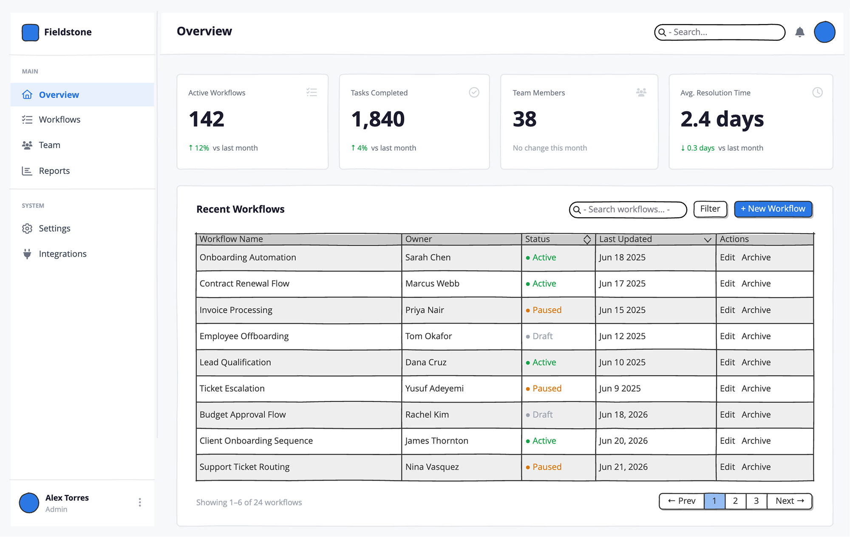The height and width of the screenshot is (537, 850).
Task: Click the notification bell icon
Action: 800,32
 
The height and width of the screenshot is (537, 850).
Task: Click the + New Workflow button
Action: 773,209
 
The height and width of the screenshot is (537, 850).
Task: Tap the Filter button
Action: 710,209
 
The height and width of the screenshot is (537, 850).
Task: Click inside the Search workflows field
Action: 628,210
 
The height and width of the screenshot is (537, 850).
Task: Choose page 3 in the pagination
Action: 756,501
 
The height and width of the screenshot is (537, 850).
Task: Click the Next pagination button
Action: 790,501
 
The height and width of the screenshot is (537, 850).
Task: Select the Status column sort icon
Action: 587,239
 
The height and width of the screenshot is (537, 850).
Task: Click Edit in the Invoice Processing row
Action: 727,310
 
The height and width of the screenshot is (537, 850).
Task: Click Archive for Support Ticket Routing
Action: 756,467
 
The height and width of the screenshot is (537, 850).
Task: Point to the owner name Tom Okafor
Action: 428,336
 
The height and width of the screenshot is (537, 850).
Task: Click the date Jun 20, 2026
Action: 623,441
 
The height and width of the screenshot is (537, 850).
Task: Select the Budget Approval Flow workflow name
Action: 243,415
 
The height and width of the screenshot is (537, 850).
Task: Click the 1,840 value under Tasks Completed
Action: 378,119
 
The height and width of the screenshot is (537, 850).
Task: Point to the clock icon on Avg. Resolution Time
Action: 817,93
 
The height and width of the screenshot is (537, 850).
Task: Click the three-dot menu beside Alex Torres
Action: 140,503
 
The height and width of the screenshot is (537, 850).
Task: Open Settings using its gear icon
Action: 27,228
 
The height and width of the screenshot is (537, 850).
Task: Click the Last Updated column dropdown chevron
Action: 708,240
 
